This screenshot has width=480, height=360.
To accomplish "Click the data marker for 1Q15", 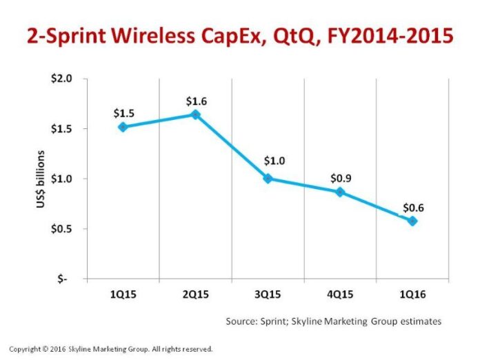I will (122, 127).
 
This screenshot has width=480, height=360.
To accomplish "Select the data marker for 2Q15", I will (195, 114).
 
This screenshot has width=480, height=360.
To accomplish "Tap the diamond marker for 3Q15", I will (268, 179).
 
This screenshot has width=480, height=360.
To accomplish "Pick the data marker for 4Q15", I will (340, 192).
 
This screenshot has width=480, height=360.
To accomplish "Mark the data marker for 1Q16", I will (412, 221).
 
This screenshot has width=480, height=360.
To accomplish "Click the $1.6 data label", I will (195, 101).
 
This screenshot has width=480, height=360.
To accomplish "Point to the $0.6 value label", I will (412, 207).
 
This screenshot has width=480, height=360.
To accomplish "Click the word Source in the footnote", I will (242, 321).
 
